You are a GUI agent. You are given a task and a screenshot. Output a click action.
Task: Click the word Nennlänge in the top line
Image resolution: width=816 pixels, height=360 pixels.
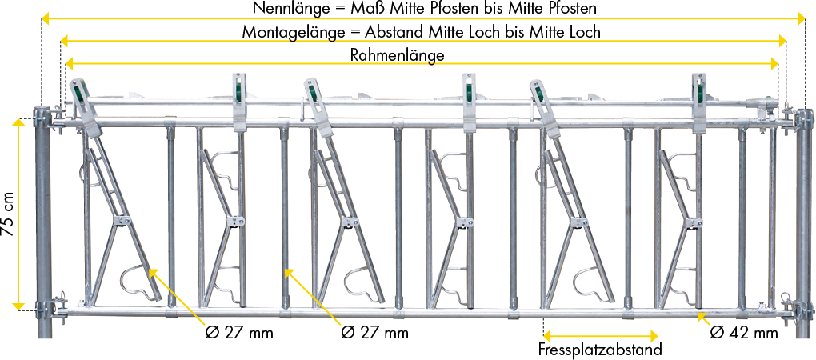click(285, 8)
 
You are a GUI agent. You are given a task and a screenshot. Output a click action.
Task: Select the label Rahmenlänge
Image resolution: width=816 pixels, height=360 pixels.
click(397, 55)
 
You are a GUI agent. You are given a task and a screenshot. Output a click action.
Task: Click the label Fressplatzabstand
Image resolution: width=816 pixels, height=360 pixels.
click(601, 350)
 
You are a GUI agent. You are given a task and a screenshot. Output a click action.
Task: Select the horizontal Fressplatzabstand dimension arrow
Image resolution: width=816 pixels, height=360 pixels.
click(601, 335)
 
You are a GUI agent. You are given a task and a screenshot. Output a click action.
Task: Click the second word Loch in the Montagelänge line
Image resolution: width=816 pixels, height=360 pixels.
click(582, 32)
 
